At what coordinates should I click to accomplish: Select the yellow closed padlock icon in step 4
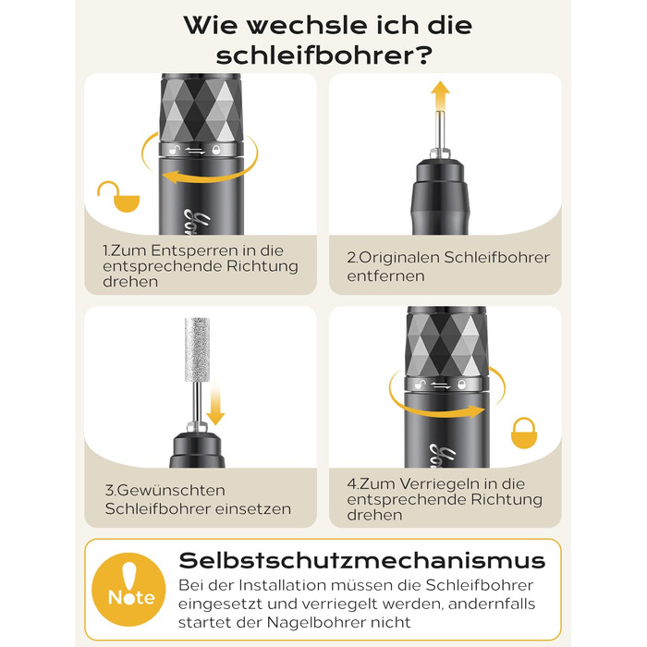click(524, 433)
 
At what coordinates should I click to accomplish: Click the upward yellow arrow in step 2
click(440, 96)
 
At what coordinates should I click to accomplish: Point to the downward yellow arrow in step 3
click(215, 404)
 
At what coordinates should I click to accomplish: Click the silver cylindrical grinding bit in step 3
click(197, 350)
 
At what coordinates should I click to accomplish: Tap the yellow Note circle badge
click(128, 590)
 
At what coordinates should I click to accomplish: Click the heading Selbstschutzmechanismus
click(362, 560)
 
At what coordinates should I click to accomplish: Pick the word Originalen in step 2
click(398, 258)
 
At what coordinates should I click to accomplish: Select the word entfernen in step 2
click(385, 276)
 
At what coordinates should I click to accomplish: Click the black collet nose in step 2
click(440, 197)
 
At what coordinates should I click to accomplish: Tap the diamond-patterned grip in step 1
click(201, 108)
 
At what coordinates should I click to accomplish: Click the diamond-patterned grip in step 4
click(446, 342)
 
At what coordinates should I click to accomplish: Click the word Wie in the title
click(211, 25)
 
